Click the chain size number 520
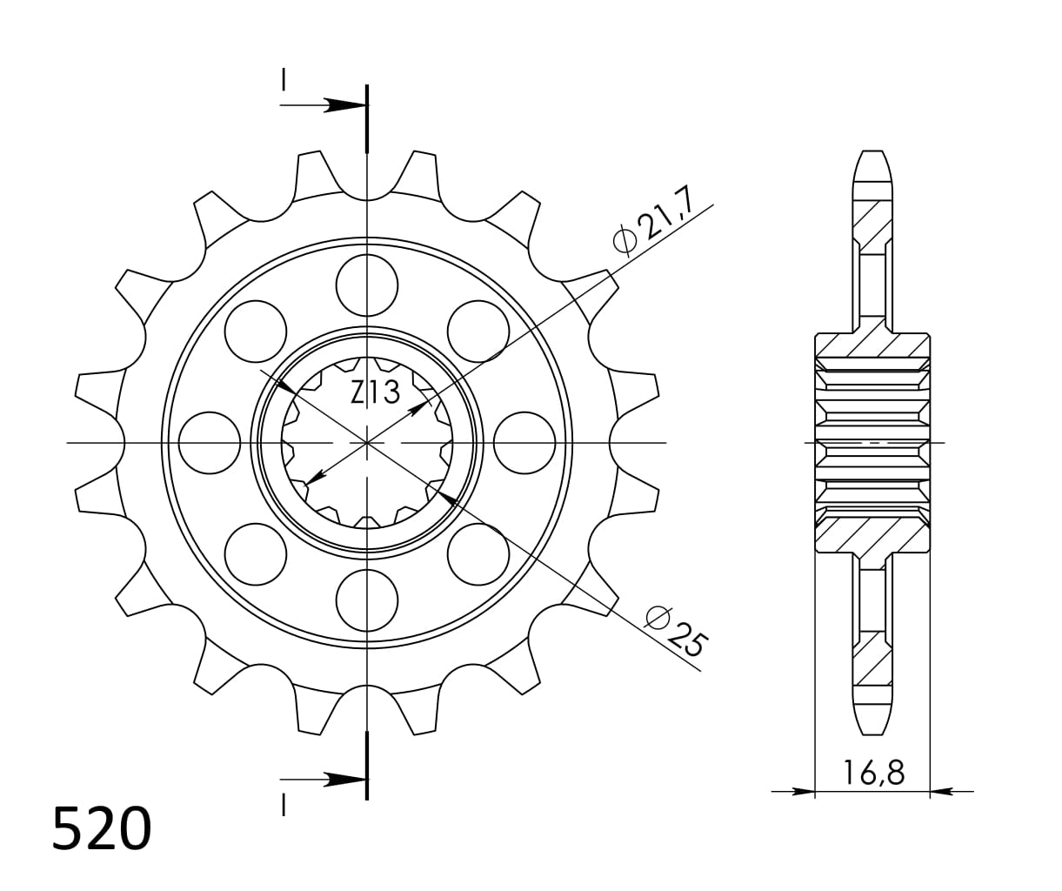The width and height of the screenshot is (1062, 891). click(102, 829)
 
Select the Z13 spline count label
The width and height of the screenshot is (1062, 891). click(375, 393)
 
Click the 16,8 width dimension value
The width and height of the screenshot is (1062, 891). click(872, 772)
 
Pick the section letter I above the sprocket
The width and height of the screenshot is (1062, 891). click(284, 80)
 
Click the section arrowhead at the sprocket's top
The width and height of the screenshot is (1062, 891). click(346, 106)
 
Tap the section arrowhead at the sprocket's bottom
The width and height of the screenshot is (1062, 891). click(346, 779)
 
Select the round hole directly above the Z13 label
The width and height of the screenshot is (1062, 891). click(367, 285)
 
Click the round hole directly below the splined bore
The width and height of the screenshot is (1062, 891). click(367, 600)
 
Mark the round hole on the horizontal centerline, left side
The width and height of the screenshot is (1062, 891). click(210, 443)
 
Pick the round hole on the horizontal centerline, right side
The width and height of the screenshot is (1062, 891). click(524, 443)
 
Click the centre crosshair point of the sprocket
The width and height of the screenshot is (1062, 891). click(367, 443)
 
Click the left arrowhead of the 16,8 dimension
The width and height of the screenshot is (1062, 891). click(804, 792)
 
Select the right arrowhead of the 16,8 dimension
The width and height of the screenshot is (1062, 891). click(941, 792)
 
